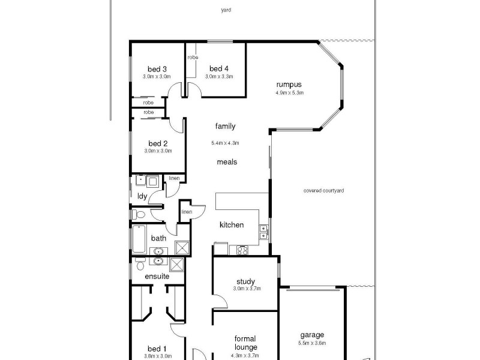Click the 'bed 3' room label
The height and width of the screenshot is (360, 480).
click(x=157, y=68)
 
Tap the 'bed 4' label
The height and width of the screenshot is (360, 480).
click(x=219, y=68)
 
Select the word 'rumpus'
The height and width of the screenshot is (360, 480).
click(x=289, y=85)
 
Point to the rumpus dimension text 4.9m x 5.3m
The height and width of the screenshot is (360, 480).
click(x=290, y=93)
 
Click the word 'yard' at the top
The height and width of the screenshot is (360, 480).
click(x=226, y=10)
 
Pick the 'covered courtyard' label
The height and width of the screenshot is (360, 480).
click(x=324, y=191)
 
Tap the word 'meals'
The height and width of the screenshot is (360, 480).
click(x=227, y=162)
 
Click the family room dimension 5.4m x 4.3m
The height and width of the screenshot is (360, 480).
click(x=225, y=143)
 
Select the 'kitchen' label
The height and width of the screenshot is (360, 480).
click(x=232, y=225)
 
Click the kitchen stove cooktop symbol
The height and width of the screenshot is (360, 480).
click(x=243, y=249)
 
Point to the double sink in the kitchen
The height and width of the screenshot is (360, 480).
click(x=263, y=232)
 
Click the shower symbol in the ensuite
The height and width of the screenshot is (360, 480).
click(x=178, y=264)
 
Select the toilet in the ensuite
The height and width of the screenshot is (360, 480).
click(x=140, y=265)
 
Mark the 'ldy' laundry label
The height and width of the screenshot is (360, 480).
click(x=142, y=196)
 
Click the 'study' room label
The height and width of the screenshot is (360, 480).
click(x=245, y=281)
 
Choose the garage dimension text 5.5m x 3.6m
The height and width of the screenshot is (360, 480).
click(x=312, y=343)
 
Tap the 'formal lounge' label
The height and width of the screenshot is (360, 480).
click(x=245, y=343)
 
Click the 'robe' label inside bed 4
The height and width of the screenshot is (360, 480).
click(x=193, y=58)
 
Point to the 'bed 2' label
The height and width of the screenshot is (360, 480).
click(x=158, y=143)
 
